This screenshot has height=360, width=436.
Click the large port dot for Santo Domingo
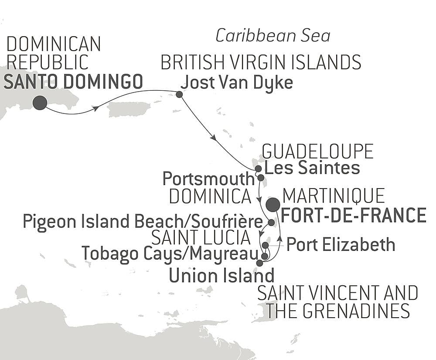pos(40,103)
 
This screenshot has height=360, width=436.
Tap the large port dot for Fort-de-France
pos(273,204)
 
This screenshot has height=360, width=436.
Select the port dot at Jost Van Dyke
pos(179,94)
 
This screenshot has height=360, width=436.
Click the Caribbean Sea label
pos(273,36)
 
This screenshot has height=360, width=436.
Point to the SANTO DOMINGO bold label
pos(73,82)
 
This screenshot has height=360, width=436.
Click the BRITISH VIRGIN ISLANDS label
pos(261,63)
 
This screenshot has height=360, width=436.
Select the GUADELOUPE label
pos(317,151)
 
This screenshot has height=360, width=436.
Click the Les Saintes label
pos(312,168)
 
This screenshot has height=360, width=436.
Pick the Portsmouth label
pos(208,178)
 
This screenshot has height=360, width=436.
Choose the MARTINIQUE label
pos(334,196)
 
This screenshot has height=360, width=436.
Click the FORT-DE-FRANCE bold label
pos(354,216)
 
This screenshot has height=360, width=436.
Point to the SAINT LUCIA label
pos(201,238)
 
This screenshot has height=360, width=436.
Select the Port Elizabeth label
pos(341,245)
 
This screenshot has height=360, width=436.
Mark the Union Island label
pos(221,275)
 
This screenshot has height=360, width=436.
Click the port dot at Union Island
pos(260,263)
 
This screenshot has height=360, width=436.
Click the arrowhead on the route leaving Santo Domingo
pos(95,109)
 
